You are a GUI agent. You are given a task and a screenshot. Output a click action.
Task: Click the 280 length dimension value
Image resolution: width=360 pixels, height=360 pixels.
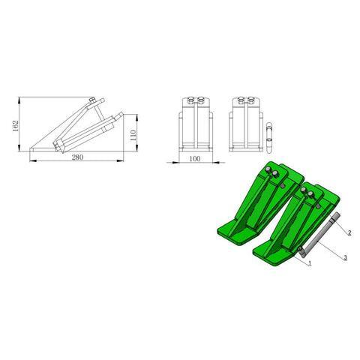point(76,158)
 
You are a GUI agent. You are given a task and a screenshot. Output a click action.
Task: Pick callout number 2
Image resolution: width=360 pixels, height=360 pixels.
point(349,234)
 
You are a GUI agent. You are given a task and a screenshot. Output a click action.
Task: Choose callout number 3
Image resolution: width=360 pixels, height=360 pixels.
point(344,257)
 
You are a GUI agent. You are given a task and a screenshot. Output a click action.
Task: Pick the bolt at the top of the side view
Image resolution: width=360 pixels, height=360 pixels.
point(91,101)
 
